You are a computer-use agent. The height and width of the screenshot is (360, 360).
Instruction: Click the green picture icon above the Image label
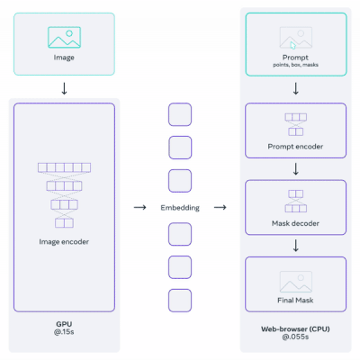[x=64, y=37]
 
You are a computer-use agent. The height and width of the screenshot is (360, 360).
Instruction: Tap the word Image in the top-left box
[x=64, y=58]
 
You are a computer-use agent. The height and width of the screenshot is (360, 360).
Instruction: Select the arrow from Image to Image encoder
[x=64, y=88]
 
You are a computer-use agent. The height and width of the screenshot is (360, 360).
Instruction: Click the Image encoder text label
[x=64, y=242]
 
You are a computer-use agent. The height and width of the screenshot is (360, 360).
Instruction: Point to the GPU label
[x=64, y=324]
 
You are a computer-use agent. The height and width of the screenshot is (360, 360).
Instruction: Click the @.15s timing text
[x=64, y=332]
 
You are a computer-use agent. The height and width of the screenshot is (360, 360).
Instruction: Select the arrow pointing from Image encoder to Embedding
[x=139, y=207]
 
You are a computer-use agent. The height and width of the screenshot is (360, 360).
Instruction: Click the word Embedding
[x=180, y=208]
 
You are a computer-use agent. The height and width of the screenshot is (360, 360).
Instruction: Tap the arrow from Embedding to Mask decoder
[x=220, y=207]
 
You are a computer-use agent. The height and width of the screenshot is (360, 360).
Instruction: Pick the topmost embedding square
[x=180, y=114]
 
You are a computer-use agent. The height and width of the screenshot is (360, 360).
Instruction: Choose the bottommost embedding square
[x=180, y=301]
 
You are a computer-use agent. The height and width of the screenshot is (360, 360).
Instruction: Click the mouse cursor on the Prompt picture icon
[x=293, y=45]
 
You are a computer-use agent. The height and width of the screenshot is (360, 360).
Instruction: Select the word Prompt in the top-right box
[x=295, y=58]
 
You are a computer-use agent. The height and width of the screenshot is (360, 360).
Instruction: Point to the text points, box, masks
[x=295, y=65]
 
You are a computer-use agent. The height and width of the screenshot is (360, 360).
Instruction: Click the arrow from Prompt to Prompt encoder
[x=296, y=88]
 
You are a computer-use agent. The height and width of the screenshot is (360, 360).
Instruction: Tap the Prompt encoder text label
[x=295, y=147]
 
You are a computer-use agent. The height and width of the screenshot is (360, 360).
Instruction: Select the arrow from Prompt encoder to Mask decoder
[x=296, y=169]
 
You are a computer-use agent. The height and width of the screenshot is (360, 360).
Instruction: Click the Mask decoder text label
[x=295, y=223]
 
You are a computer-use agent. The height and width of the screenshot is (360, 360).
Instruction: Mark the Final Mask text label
[x=295, y=301]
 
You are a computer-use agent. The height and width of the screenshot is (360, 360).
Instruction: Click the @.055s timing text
[x=295, y=337]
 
